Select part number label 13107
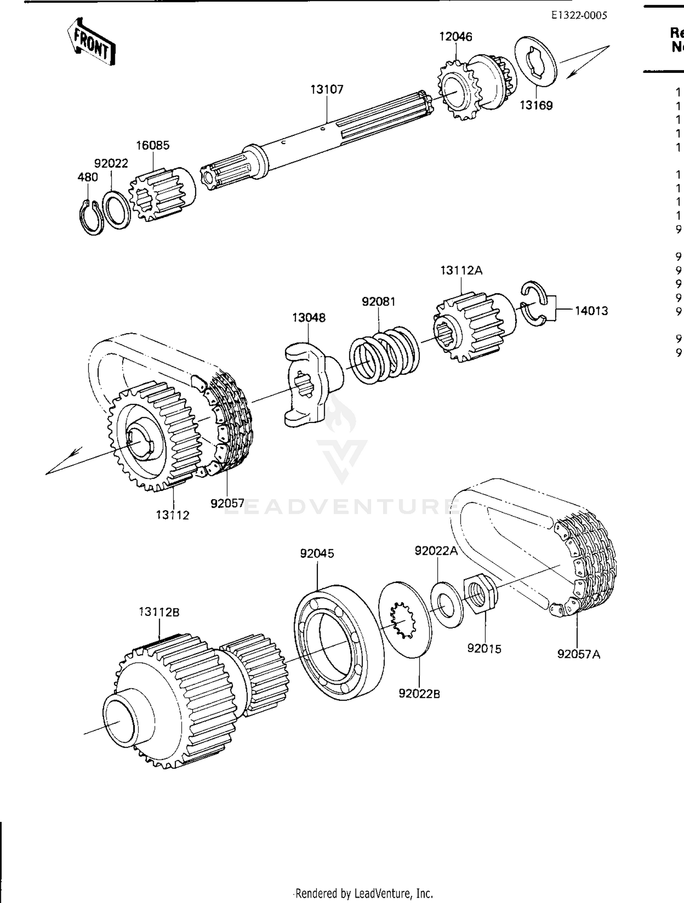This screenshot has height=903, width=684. [326, 89]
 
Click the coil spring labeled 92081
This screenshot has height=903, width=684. [384, 354]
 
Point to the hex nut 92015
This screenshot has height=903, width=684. [479, 595]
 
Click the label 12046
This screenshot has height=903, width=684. [456, 36]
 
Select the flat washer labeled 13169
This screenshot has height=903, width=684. [536, 61]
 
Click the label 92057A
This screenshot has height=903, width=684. [579, 654]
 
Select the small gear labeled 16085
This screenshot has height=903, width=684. [160, 195]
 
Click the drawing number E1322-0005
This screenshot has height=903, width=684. [579, 15]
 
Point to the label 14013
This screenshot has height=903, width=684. [591, 311]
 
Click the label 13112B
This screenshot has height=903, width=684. [159, 612]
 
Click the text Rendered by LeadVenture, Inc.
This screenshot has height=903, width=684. [364, 893]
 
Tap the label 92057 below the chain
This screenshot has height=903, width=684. [227, 503]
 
